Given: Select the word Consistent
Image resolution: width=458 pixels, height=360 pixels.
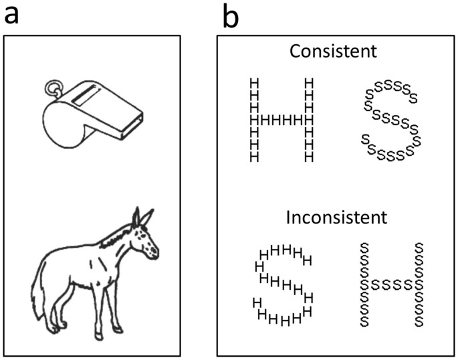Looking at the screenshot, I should pos(332,51).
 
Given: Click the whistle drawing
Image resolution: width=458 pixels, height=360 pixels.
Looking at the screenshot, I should pos(92,112).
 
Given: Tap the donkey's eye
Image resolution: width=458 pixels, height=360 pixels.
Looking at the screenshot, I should pos(145,236).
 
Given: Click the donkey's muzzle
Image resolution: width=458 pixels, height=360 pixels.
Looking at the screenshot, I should pos(156,252).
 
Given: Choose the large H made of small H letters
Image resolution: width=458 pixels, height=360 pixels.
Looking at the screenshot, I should pos(281,120).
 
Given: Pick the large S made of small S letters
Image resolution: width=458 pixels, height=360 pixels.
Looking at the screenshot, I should pos(392,121).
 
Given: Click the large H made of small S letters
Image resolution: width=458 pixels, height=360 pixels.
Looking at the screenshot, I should pos(392,284).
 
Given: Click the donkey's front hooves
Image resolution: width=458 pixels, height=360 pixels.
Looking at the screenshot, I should pos(120,328).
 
